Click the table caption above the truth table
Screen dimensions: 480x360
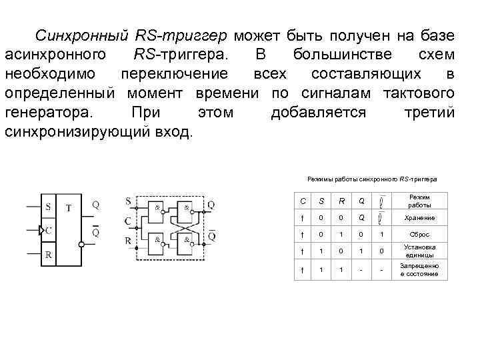(x=372, y=179)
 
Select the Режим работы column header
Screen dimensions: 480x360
(x=419, y=201)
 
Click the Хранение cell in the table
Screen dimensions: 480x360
(x=419, y=218)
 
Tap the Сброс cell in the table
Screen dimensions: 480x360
(x=419, y=235)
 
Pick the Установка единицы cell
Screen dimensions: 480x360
(x=419, y=251)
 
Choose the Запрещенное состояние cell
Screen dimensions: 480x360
(x=419, y=270)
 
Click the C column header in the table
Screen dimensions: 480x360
(x=303, y=201)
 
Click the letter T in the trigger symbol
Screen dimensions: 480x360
(x=69, y=207)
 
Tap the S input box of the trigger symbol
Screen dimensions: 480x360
(x=48, y=207)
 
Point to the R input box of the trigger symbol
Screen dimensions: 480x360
(x=48, y=255)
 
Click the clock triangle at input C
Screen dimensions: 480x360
(x=43, y=231)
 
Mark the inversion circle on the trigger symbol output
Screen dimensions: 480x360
(x=82, y=245)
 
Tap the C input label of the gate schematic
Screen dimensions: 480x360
(x=127, y=221)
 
